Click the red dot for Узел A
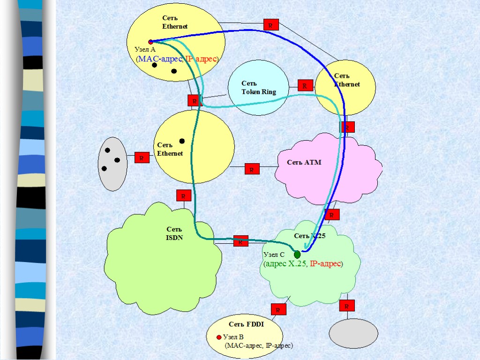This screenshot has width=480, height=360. click(x=151, y=42)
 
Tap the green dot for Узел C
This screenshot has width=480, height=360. click(x=297, y=255)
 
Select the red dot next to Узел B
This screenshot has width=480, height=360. click(x=218, y=337)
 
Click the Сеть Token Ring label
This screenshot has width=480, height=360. click(x=259, y=88)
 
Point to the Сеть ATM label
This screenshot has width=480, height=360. click(x=304, y=162)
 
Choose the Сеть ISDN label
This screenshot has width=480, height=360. click(x=174, y=233)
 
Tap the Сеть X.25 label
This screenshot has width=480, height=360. click(x=309, y=236)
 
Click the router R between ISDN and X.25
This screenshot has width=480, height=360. click(x=241, y=241)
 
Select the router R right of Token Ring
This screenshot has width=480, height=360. click(x=305, y=85)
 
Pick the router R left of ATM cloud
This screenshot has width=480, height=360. click(x=252, y=169)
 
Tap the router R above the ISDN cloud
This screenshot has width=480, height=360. click(x=183, y=195)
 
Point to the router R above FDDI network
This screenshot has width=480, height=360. click(x=278, y=309)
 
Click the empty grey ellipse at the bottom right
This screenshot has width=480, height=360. click(x=353, y=334)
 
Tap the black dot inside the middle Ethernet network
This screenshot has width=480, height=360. click(x=182, y=141)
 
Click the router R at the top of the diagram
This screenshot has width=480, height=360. click(x=270, y=25)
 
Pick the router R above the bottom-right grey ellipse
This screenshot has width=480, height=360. click(x=347, y=306)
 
